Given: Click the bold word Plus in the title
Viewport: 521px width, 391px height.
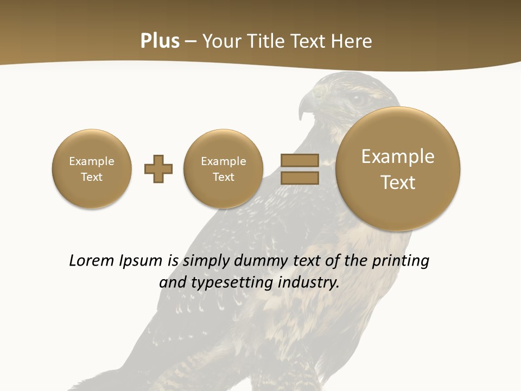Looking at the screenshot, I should point(160,41).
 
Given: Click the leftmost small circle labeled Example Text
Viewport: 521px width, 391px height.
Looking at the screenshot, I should point(92,169).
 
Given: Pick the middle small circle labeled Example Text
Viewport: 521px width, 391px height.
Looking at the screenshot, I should point(223,169).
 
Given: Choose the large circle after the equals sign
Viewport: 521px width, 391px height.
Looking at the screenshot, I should point(398,169).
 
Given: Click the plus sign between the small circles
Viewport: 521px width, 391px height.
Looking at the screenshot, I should point(158,169).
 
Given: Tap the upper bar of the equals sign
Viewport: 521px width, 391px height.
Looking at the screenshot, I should point(299,160).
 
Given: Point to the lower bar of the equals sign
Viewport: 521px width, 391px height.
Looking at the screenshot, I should point(299,178).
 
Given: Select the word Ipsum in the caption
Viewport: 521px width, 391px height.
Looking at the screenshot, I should point(141,261).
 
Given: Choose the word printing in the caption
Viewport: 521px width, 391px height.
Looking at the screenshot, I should point(400,261).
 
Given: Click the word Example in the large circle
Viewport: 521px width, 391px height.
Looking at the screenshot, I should point(398,156).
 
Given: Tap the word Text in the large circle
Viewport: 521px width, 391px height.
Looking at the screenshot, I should point(398,182).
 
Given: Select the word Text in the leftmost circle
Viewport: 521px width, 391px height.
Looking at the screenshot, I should point(92,177).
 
